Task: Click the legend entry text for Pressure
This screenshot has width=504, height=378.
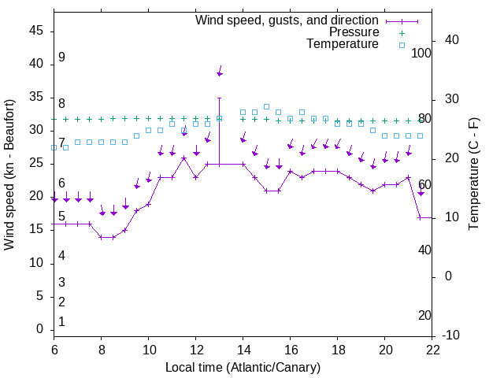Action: tap(354, 32)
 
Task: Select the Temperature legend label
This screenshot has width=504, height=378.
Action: tap(343, 44)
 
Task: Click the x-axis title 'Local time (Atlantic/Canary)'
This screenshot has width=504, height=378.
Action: tap(243, 367)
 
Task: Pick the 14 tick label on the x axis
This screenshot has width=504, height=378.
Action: tap(243, 350)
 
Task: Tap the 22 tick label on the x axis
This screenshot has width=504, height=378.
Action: tap(432, 350)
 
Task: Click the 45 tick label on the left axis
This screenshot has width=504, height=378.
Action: tap(36, 31)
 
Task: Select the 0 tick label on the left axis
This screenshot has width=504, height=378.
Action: tap(40, 329)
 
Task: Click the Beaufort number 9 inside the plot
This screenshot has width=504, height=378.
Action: tap(61, 57)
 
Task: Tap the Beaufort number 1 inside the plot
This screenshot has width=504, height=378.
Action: tap(61, 322)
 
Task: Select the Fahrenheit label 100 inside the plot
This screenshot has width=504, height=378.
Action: tap(422, 54)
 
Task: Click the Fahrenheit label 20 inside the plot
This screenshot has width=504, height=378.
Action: tap(424, 315)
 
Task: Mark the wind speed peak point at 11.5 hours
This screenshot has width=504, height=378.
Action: tap(183, 158)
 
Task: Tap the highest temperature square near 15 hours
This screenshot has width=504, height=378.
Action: tap(266, 106)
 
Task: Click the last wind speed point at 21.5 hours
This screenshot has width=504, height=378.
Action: tap(420, 217)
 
